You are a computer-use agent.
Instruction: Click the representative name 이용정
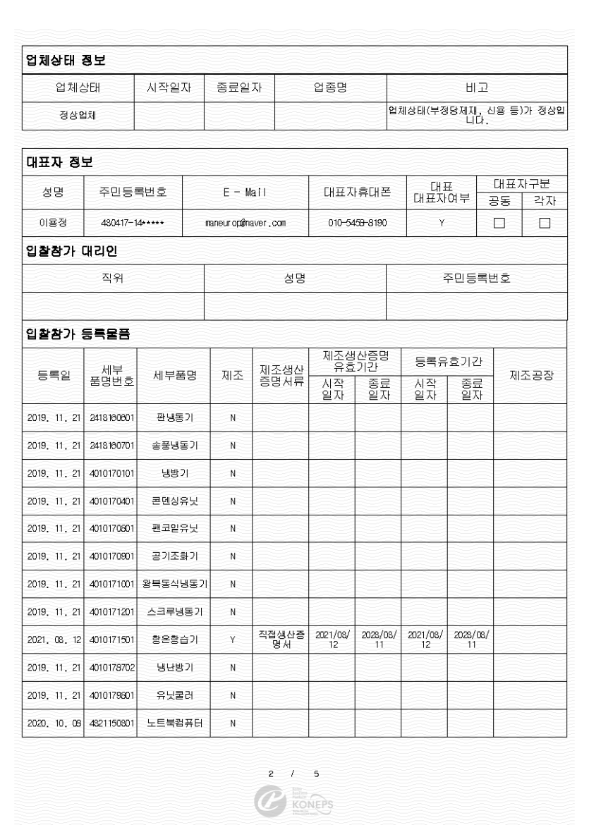click(x=52, y=224)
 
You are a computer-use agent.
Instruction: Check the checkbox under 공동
click(x=499, y=224)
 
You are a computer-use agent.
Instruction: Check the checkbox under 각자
click(x=544, y=224)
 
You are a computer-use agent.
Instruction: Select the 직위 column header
click(x=113, y=279)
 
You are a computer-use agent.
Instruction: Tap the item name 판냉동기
click(x=175, y=417)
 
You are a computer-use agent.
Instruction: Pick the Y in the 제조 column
click(x=232, y=640)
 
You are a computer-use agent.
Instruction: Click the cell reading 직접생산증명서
click(x=279, y=640)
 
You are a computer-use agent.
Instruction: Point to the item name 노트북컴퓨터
click(x=175, y=723)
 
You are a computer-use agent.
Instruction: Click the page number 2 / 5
click(x=293, y=774)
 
